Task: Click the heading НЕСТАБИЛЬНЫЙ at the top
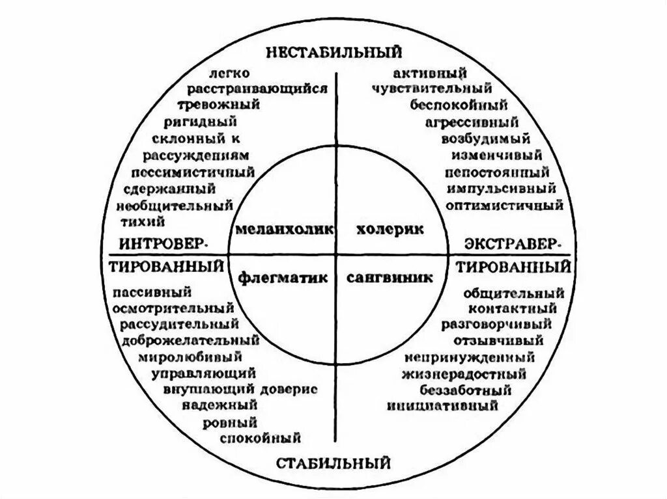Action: [x=333, y=51]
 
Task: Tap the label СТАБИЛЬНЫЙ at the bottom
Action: [x=333, y=463]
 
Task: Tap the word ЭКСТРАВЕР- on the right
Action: [x=511, y=243]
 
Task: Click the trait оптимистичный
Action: [x=505, y=206]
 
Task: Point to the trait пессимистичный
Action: [x=192, y=173]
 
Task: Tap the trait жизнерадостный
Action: [x=464, y=374]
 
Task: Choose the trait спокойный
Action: [x=261, y=437]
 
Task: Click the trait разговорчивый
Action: [x=496, y=323]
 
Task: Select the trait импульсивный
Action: [x=502, y=189]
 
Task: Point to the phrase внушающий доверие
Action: [x=240, y=389]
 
